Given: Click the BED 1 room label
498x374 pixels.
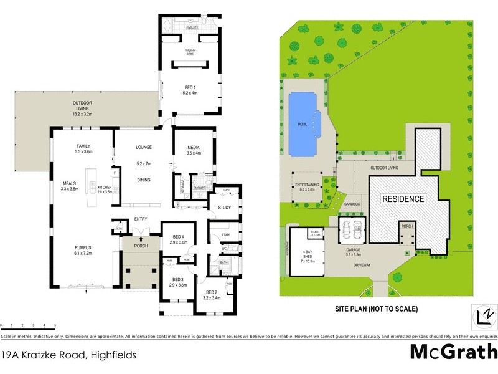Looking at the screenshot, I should (189, 87).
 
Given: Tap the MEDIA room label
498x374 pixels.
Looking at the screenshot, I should (194, 148).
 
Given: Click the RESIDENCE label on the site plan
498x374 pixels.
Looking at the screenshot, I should (403, 199).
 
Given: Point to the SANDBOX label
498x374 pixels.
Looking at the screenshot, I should (352, 204).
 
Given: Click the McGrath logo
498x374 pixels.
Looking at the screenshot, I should (453, 353).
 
